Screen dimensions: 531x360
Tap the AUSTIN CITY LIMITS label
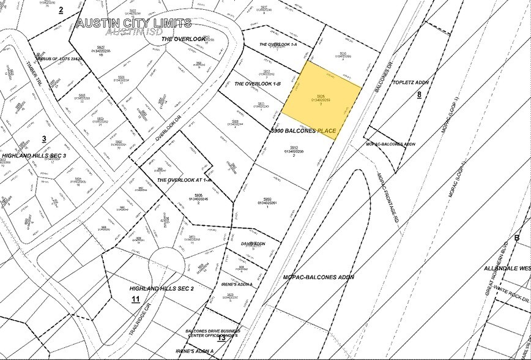pos(133,24)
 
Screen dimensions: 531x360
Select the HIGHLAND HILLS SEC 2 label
pos(162,288)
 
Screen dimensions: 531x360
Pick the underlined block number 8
pos(419,94)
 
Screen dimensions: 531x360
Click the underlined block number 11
pos(135,299)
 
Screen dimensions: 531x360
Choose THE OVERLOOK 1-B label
pos(258,83)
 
